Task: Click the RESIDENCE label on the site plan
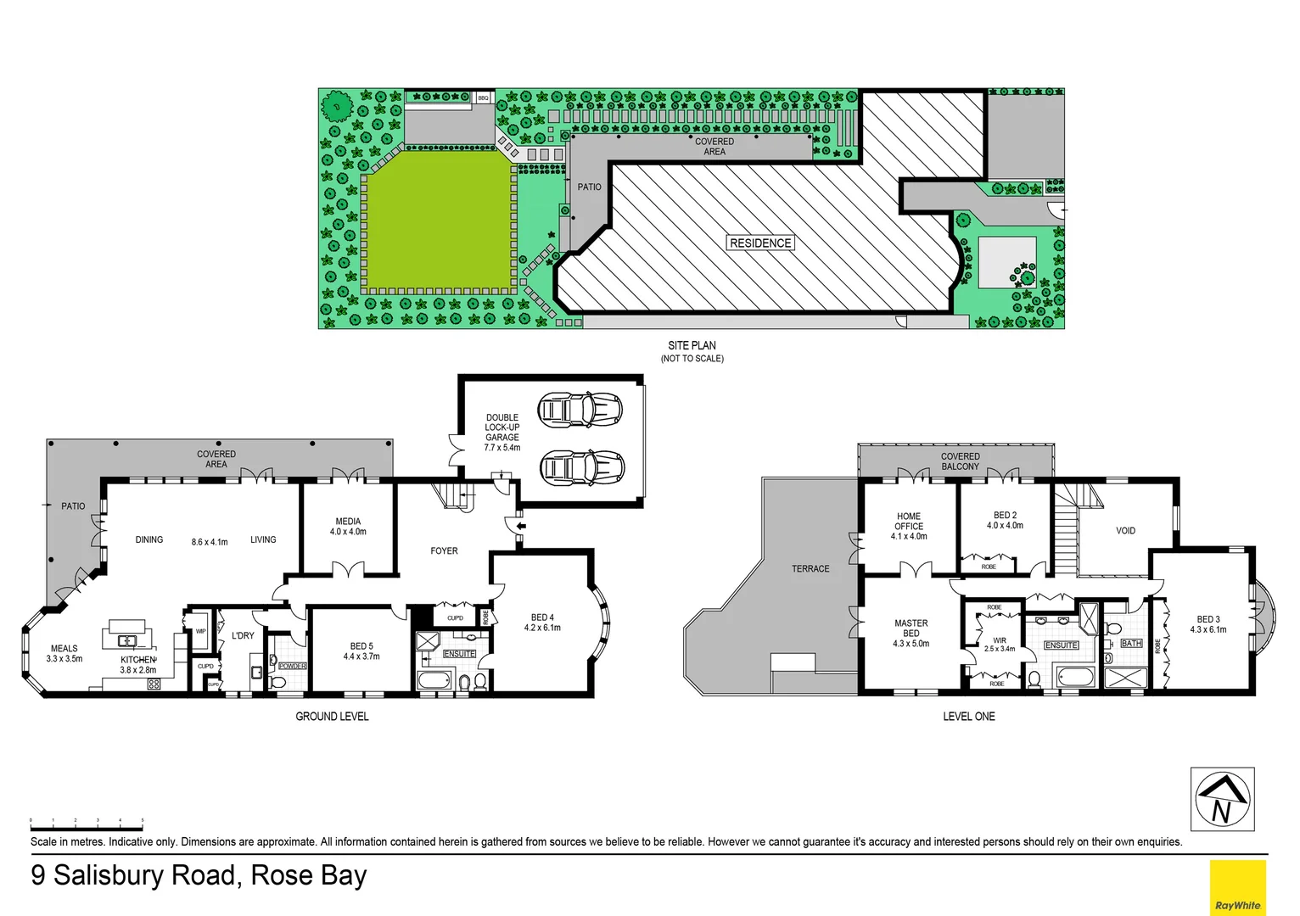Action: pyautogui.click(x=760, y=243)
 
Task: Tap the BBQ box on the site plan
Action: pyautogui.click(x=483, y=98)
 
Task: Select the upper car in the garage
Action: pyautogui.click(x=581, y=409)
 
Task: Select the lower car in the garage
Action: pyautogui.click(x=581, y=466)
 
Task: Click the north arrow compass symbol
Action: pyautogui.click(x=1222, y=800)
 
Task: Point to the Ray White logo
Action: pyautogui.click(x=1237, y=887)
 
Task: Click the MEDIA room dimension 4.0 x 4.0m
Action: pyautogui.click(x=348, y=532)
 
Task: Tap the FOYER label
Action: pyautogui.click(x=444, y=551)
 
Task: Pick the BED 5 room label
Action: pyautogui.click(x=361, y=646)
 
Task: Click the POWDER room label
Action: pyautogui.click(x=293, y=666)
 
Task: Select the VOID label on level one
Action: pyautogui.click(x=1125, y=531)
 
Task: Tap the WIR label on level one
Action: pyautogui.click(x=1000, y=641)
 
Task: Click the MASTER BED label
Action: pyautogui.click(x=911, y=628)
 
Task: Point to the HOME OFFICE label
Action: pyautogui.click(x=909, y=521)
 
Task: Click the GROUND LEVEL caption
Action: pyautogui.click(x=332, y=717)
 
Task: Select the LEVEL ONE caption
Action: pyautogui.click(x=969, y=717)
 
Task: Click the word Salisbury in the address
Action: pyautogui.click(x=144, y=875)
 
